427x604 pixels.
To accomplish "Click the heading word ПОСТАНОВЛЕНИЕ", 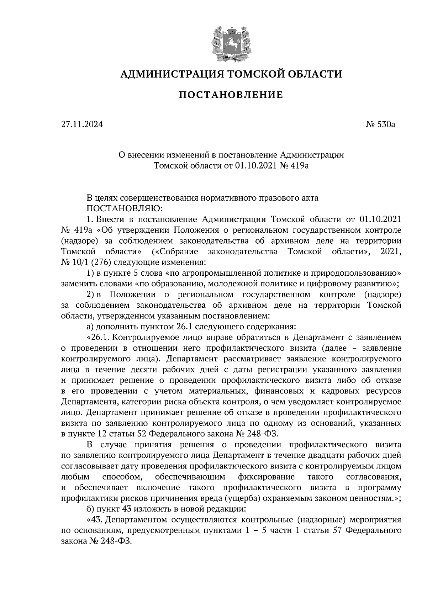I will point(231,95).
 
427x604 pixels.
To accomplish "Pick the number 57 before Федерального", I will point(337,530).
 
